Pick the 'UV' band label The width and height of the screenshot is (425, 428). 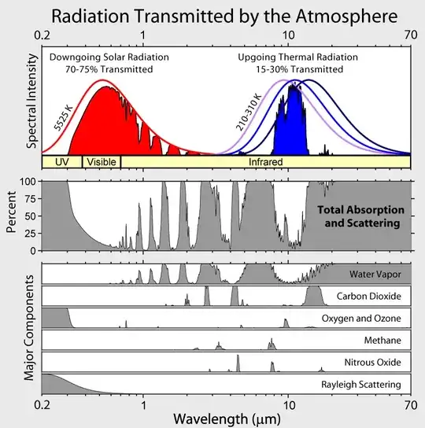click(x=61, y=161)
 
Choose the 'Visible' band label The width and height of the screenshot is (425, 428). click(x=102, y=161)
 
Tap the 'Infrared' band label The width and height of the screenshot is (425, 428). click(x=265, y=161)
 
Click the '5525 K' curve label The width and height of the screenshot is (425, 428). click(x=64, y=116)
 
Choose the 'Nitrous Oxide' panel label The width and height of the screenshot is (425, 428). click(x=375, y=363)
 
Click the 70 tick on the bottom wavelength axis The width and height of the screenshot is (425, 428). click(x=411, y=405)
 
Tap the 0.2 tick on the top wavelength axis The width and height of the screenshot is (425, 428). click(x=42, y=35)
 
